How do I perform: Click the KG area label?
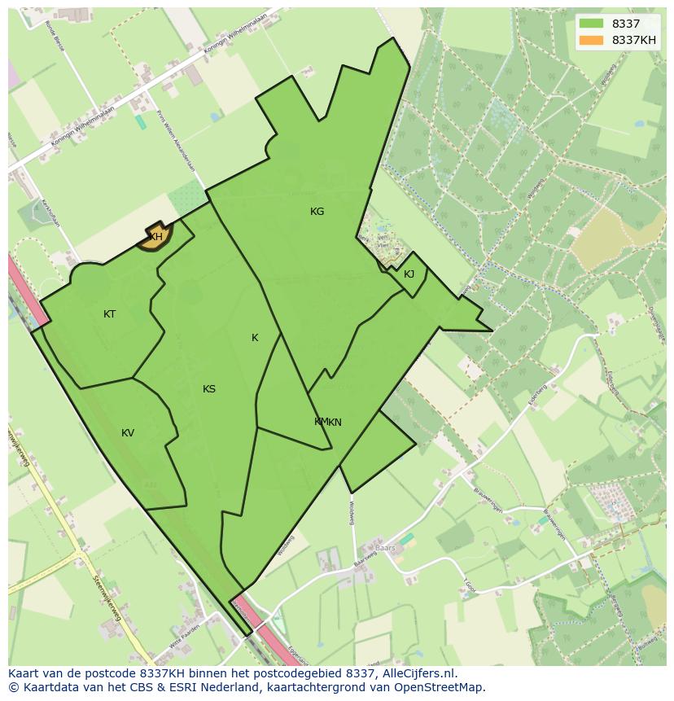pos(317,212)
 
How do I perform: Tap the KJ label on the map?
pos(409,274)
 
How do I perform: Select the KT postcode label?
pos(109,314)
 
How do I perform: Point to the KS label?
pos(209,389)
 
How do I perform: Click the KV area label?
pos(128,433)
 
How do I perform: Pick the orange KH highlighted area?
pos(154,237)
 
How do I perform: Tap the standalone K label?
pos(255,338)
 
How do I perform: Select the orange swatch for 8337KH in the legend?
pos(591,40)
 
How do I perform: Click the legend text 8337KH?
pos(634,40)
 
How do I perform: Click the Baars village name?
pos(385,548)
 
